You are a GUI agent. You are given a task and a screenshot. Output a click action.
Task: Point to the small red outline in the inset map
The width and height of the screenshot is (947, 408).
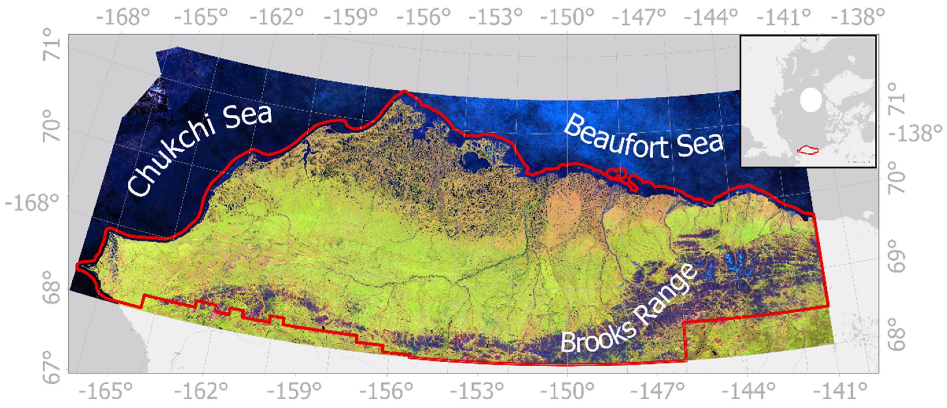(807, 150)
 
